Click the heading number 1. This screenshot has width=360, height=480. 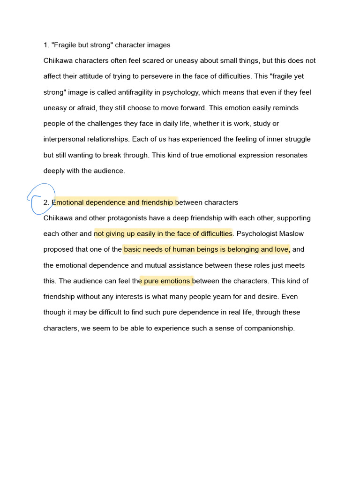[46, 45]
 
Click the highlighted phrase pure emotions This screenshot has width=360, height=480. [166, 281]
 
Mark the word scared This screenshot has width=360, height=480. [169, 60]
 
